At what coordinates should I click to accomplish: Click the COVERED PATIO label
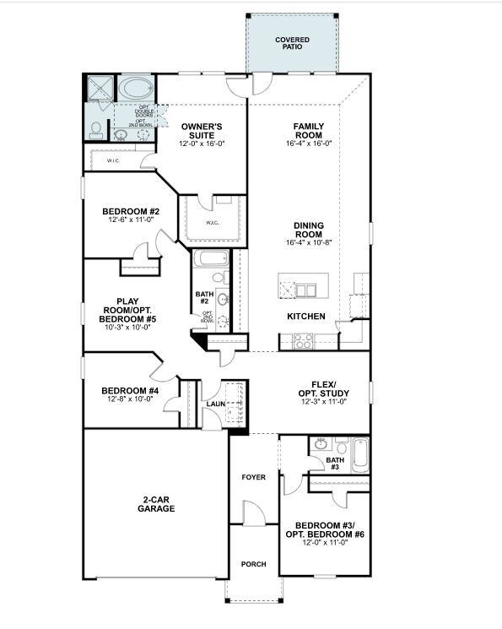point(292,44)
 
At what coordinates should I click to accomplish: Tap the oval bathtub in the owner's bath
point(135,89)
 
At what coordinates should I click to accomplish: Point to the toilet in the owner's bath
point(96,130)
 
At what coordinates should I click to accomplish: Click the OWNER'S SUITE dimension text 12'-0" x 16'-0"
point(202,144)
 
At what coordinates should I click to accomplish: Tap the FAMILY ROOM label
point(309,131)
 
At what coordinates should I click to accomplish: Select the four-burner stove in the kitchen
point(302,341)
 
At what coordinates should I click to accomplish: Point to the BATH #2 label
point(204,298)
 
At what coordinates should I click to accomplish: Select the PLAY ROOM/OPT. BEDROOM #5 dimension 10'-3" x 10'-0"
point(127,328)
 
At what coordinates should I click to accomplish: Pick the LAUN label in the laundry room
point(217,404)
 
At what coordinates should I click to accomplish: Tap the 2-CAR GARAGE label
point(157,504)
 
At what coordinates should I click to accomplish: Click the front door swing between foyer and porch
point(252,512)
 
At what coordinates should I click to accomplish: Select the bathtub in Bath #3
point(360,453)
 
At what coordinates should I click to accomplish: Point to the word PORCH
point(253,565)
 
